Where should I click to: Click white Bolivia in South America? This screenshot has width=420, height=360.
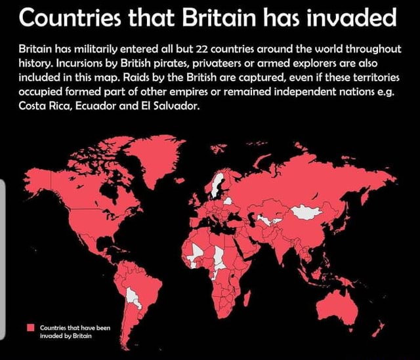coord(134,295)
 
